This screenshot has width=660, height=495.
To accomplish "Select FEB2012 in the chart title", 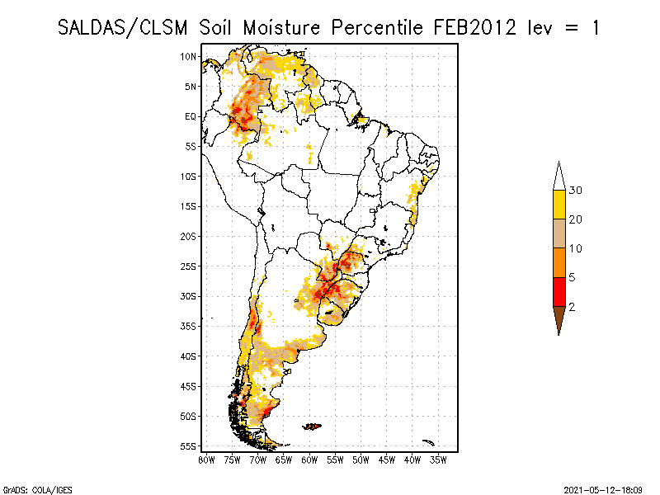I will (x=476, y=27).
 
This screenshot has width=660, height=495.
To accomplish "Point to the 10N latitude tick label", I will (x=189, y=56).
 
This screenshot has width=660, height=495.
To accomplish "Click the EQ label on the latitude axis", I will (x=191, y=116).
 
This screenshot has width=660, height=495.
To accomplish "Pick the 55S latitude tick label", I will (x=189, y=446).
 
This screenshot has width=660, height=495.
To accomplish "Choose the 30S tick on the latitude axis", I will (x=189, y=296).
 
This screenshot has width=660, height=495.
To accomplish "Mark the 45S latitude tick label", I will (x=189, y=386).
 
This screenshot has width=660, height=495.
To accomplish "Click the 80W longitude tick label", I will (x=206, y=460).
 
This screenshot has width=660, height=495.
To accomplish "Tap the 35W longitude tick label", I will (x=438, y=460).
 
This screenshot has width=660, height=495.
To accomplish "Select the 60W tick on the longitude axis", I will (x=309, y=460).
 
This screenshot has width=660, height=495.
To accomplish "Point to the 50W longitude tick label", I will (x=361, y=460).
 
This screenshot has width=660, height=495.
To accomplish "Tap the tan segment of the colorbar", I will (x=559, y=234).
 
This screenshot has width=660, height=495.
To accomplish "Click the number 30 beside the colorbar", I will (x=576, y=191).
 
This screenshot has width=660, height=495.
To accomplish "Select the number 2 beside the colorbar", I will (x=572, y=307).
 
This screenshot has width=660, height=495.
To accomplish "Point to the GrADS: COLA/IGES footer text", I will (x=30, y=489).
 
